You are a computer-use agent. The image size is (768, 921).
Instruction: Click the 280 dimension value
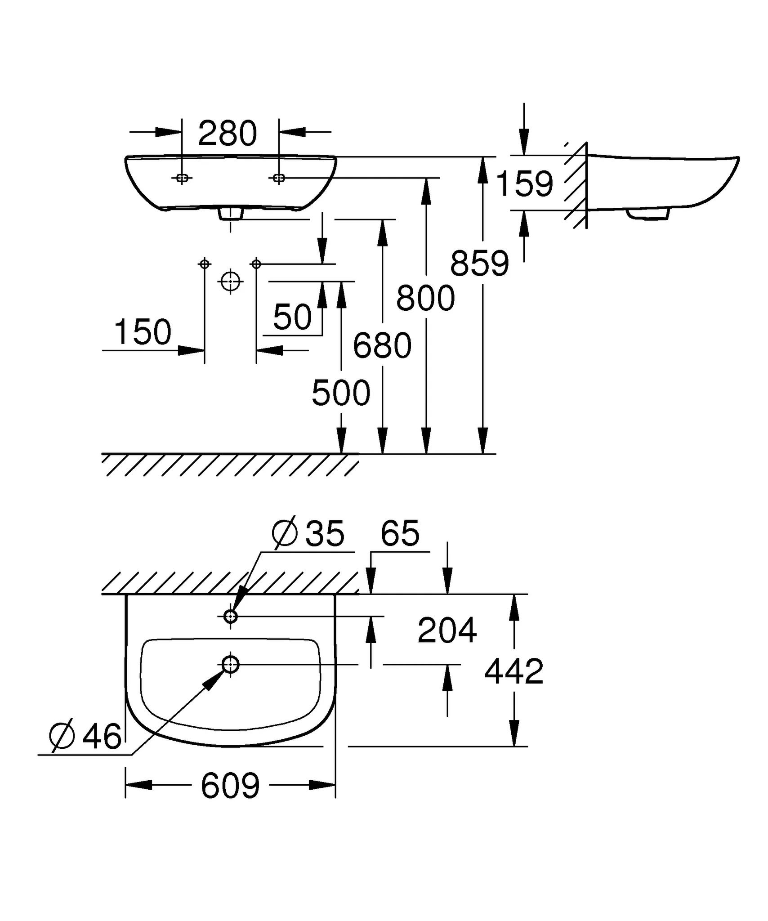[x=227, y=134]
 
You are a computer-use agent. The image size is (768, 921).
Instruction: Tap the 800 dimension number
[x=425, y=298]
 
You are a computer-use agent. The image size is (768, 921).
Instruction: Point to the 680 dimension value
[x=382, y=346]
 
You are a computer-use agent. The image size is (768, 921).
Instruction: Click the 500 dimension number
[x=341, y=393]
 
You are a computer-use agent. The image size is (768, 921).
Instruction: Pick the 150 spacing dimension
[x=143, y=332]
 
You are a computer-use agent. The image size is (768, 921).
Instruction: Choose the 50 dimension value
[x=292, y=317]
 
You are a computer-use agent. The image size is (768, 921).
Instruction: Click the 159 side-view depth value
[x=524, y=184]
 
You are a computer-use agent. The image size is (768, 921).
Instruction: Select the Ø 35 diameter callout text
[x=308, y=534]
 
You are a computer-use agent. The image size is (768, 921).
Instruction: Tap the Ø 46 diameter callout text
[x=85, y=737]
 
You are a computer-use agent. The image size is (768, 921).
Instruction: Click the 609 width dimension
[x=230, y=786]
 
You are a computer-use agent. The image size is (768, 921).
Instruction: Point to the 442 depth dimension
[x=514, y=671]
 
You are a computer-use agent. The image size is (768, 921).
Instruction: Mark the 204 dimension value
[x=447, y=630]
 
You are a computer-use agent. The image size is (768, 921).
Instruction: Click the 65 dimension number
[x=400, y=533]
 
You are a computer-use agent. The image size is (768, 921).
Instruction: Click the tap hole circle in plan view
[x=231, y=617]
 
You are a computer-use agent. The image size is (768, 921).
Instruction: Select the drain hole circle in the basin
[x=231, y=664]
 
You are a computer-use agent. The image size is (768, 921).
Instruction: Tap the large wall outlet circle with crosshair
[x=230, y=282]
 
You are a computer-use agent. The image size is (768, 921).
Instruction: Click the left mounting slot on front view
[x=182, y=178]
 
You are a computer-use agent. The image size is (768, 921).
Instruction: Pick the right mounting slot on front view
[x=279, y=178]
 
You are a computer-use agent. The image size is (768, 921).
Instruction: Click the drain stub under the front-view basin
[x=231, y=214]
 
